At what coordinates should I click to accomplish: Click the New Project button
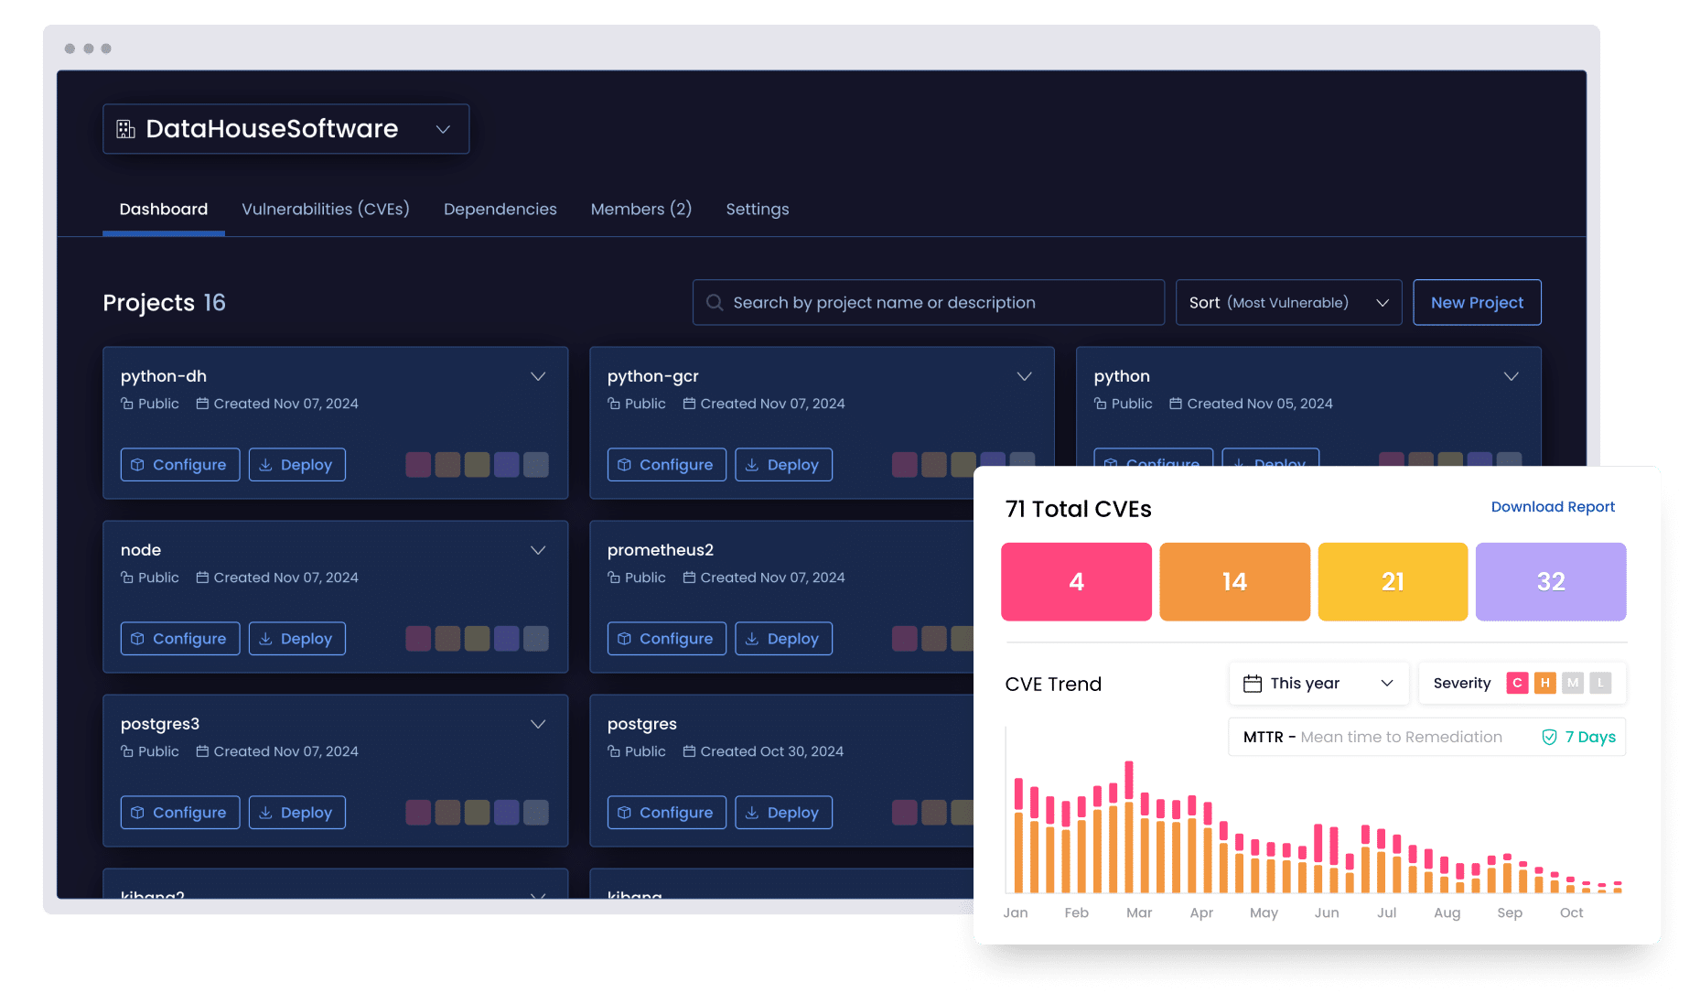(1477, 303)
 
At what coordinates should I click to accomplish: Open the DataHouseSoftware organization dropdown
(285, 129)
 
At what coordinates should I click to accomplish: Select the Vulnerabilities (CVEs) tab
(325, 210)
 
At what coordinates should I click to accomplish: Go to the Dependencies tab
(500, 210)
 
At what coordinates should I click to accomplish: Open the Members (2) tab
(640, 210)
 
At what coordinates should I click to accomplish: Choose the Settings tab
(757, 210)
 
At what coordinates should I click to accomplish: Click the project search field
(928, 303)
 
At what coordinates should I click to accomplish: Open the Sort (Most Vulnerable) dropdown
(1287, 303)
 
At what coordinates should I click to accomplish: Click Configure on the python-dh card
(180, 465)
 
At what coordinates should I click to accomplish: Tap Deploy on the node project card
(297, 639)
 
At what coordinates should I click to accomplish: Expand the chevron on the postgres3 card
(538, 725)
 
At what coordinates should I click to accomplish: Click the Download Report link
(1553, 507)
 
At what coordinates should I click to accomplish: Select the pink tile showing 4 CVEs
(1076, 582)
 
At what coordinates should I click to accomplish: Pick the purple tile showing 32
(1551, 582)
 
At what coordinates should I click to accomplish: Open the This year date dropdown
(1318, 684)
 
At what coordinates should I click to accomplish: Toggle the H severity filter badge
(1544, 683)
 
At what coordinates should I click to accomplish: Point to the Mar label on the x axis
(1139, 912)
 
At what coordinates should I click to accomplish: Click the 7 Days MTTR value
(1589, 738)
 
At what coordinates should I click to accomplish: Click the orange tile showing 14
(1234, 582)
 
